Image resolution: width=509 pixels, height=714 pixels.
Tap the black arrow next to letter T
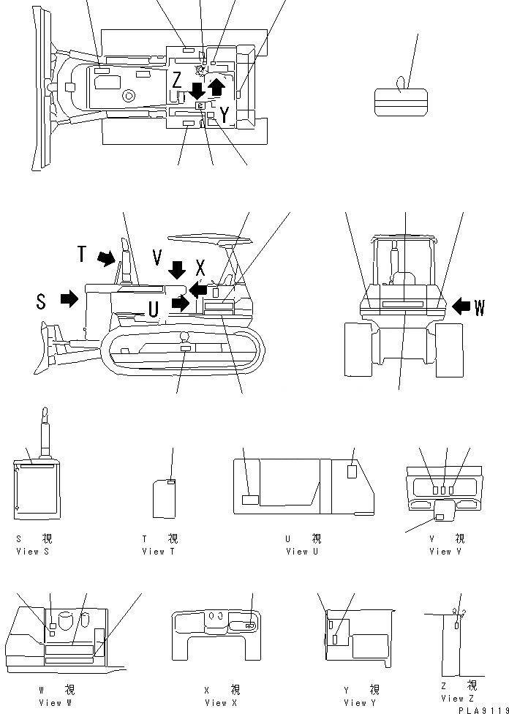(x=107, y=258)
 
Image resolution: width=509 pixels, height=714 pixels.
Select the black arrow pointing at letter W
(x=462, y=307)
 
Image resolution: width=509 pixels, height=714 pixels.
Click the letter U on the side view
(x=153, y=309)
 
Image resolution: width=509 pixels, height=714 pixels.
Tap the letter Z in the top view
(x=177, y=80)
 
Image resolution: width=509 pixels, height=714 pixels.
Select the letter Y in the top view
(x=224, y=114)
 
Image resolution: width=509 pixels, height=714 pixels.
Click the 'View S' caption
(x=32, y=552)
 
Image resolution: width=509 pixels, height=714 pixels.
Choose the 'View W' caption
(x=56, y=703)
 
